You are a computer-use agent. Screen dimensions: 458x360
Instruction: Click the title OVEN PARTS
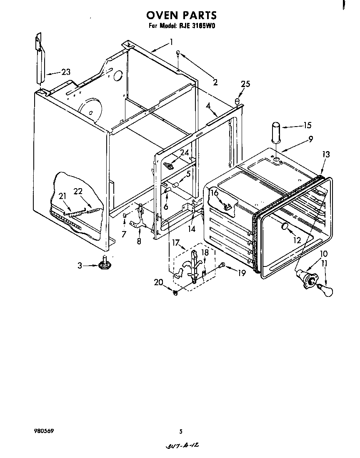click(x=181, y=16)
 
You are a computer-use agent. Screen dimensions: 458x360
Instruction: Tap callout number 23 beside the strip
click(x=65, y=72)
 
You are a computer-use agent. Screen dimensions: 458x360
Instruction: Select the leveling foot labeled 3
click(x=104, y=264)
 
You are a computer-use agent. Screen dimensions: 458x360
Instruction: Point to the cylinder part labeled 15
click(x=276, y=132)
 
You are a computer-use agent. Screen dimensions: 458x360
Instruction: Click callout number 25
click(x=245, y=84)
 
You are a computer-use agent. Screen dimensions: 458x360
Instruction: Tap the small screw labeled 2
click(x=178, y=53)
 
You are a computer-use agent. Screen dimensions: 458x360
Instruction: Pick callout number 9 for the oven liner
click(x=311, y=140)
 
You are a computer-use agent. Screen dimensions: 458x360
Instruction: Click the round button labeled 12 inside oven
click(x=285, y=227)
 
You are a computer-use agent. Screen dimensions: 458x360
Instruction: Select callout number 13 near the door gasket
click(x=326, y=154)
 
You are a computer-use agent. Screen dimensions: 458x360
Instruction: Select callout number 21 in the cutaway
click(x=62, y=196)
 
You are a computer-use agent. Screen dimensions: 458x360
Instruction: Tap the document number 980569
click(x=44, y=431)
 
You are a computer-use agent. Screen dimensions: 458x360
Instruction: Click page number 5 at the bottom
click(x=180, y=431)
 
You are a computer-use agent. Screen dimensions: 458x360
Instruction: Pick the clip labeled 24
click(x=169, y=166)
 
